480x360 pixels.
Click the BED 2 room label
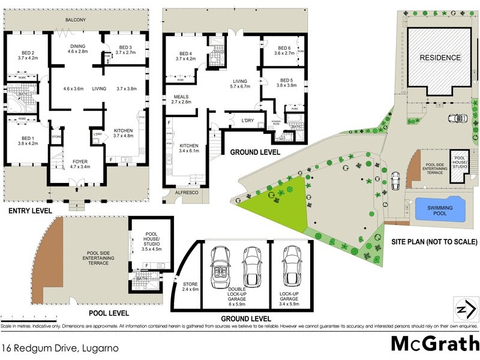pos(28,55)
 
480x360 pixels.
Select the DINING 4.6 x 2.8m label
pos(76,49)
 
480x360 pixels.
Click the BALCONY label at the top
pos(76,20)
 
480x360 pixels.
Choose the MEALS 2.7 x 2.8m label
pos(182,99)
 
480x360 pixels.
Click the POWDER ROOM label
pos(277,124)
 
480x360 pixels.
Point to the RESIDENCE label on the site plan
pos(440,58)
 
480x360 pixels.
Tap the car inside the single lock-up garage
pos(291,268)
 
